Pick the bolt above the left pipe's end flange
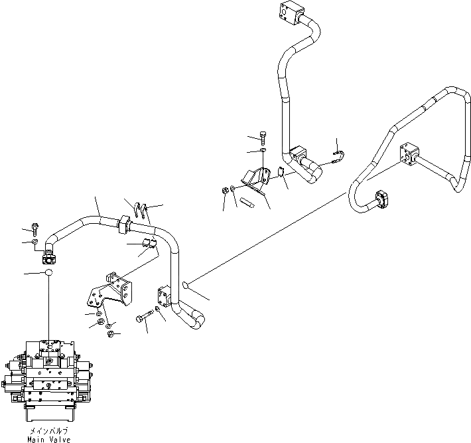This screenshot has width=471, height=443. tap(35, 230)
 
